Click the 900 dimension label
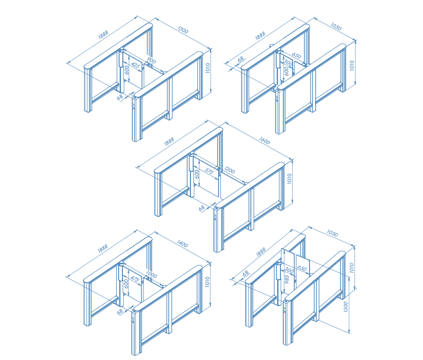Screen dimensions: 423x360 (151, 61)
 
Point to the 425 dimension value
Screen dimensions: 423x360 (136, 65)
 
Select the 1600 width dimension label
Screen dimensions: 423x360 (264, 141)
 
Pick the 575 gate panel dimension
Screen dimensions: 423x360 (209, 171)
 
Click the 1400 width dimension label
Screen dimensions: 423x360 (182, 244)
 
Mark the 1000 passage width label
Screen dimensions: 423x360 (151, 275)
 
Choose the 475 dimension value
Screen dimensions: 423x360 (135, 279)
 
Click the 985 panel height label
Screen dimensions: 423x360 (287, 279)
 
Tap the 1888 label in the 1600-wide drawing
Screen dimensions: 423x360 (169, 142)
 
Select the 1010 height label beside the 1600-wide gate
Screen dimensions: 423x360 (289, 179)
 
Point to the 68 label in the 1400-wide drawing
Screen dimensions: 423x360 (120, 312)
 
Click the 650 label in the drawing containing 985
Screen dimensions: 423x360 (302, 268)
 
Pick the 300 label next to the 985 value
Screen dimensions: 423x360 (289, 270)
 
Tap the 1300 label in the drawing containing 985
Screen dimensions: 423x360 (346, 307)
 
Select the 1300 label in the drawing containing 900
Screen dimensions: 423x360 (183, 30)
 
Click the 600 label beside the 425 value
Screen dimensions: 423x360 (127, 70)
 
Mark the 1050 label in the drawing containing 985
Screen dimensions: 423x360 (332, 233)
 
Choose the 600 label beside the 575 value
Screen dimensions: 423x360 (197, 174)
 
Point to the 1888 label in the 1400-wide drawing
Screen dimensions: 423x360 (103, 248)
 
